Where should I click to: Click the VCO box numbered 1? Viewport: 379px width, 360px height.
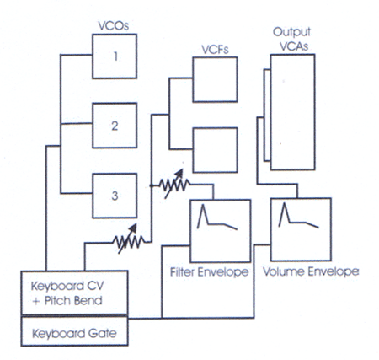115,56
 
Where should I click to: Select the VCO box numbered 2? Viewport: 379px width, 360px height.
115,126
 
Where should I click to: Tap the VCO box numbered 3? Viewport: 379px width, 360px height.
115,196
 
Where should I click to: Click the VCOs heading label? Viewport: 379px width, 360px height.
114,25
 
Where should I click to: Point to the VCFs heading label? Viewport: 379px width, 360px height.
215,49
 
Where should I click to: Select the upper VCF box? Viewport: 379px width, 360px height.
215,79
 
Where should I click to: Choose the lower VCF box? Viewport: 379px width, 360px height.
215,150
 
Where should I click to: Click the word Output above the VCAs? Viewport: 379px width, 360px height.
291,32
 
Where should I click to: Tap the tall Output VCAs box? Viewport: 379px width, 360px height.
292,112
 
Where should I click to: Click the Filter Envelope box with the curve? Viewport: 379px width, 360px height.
221,231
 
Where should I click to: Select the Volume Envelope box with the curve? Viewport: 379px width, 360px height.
301,229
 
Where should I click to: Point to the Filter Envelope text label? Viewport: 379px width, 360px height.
209,272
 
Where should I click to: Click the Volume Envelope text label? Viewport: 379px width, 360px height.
311,271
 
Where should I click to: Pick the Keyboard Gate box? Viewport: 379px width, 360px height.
74,330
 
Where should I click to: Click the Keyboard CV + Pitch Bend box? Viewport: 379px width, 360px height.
74,293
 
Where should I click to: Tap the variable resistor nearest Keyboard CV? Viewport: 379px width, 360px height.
129,239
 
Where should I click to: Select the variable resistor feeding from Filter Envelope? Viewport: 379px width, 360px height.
174,184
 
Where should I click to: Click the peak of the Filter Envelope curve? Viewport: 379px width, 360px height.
202,205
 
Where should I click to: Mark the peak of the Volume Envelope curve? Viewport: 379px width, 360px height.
284,203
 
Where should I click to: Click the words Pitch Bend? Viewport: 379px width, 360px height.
73,301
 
